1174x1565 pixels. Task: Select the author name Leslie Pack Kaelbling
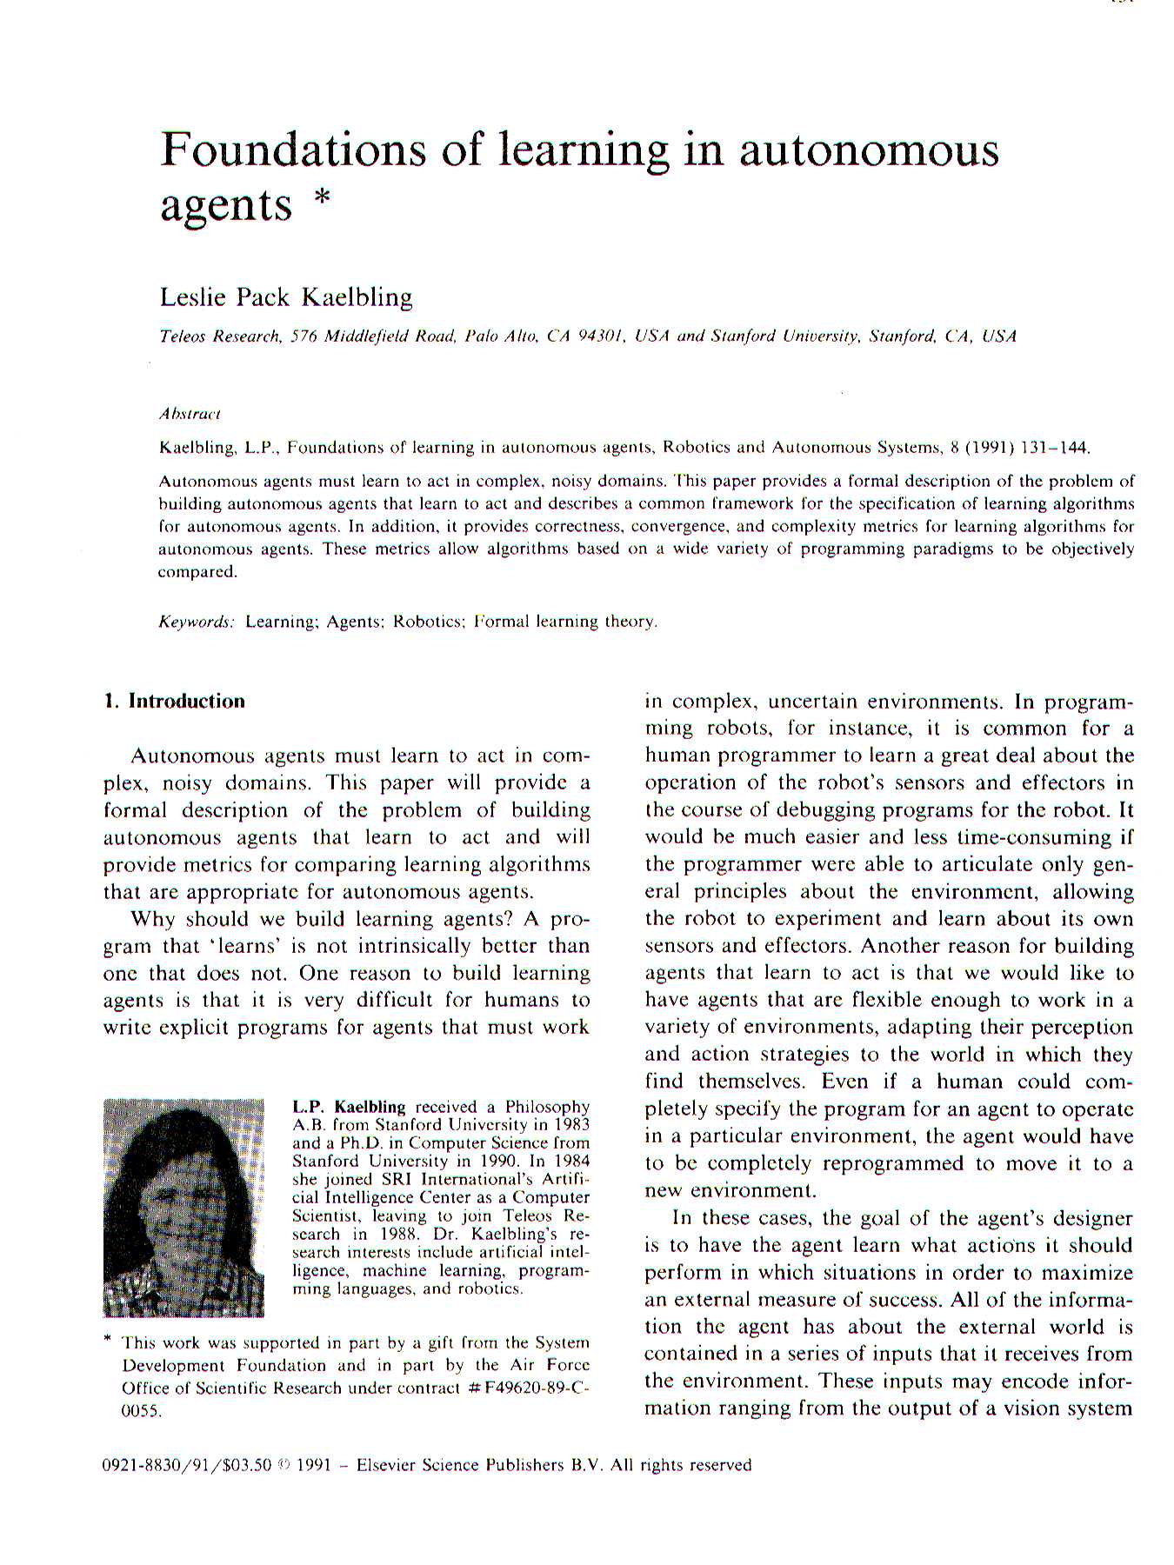point(286,297)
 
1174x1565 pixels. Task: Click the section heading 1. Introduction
point(174,702)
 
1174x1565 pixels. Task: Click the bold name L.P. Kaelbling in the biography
point(349,1107)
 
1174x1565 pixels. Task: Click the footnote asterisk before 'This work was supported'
point(108,1342)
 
